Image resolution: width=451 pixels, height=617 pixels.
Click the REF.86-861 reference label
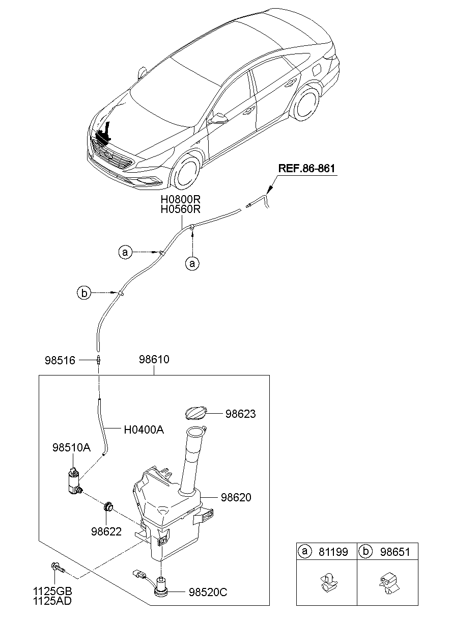pyautogui.click(x=306, y=169)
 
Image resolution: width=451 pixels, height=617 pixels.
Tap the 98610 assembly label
pyautogui.click(x=154, y=360)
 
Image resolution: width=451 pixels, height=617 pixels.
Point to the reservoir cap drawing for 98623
pyautogui.click(x=196, y=412)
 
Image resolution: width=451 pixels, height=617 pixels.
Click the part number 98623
pyautogui.click(x=241, y=414)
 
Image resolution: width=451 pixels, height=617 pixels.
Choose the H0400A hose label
pyautogui.click(x=144, y=430)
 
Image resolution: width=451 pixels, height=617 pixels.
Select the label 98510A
pyautogui.click(x=71, y=448)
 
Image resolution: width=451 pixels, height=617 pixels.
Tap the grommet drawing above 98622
pyautogui.click(x=107, y=507)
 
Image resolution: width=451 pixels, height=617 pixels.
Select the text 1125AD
pyautogui.click(x=52, y=601)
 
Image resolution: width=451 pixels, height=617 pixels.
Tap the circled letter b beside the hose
pyautogui.click(x=84, y=293)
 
